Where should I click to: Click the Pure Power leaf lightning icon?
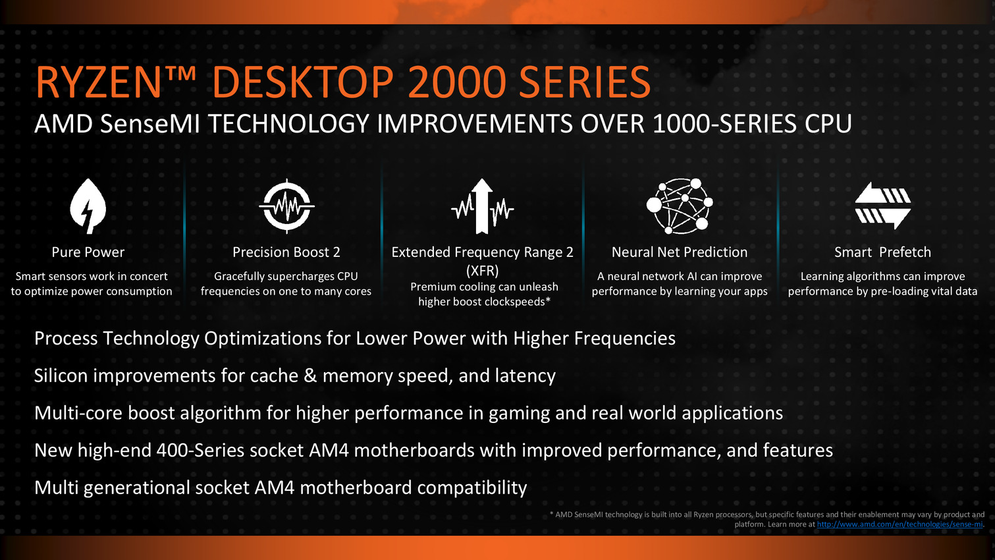[88, 206]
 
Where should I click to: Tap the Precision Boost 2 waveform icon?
[287, 206]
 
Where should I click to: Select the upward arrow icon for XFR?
[483, 206]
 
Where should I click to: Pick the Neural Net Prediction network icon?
[680, 206]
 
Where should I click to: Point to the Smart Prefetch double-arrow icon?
[882, 206]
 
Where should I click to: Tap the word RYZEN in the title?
[98, 82]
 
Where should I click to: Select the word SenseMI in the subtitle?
[149, 124]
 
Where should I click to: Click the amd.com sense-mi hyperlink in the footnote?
[900, 524]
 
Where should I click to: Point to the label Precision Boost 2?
[286, 252]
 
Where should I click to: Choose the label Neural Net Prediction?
[680, 252]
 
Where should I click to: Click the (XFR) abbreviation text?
[483, 270]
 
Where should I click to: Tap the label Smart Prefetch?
[882, 252]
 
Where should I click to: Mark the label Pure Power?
[88, 252]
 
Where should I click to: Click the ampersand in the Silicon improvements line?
[310, 376]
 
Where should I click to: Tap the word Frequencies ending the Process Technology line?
[624, 339]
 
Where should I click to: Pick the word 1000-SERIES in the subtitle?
[725, 124]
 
